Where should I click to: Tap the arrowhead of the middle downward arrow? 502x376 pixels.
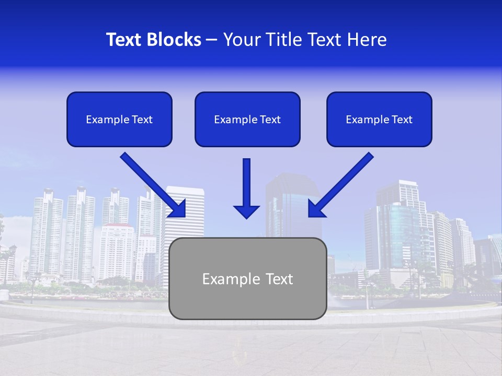point(246,211)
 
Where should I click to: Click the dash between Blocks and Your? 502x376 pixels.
point(212,40)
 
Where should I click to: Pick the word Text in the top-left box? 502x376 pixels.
point(142,120)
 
